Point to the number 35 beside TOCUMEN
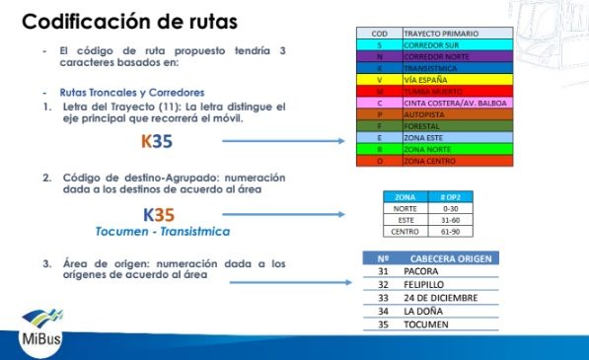point(384,324)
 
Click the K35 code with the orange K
point(156,143)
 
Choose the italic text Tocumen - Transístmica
point(162,232)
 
